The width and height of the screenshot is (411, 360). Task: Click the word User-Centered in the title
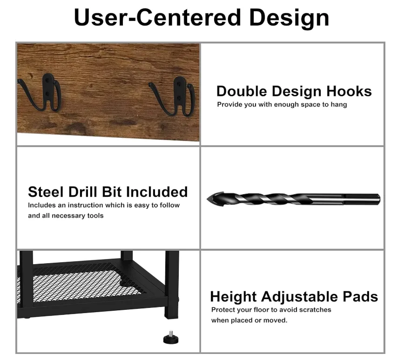(157, 17)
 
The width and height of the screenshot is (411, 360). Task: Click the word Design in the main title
(289, 17)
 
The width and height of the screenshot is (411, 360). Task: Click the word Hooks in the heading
(349, 91)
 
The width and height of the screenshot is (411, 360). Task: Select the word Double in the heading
(242, 91)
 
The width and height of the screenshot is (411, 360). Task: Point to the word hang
(339, 105)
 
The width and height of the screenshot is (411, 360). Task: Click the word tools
(94, 216)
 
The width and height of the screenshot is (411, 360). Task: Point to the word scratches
(315, 310)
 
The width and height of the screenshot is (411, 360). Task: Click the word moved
(277, 320)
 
